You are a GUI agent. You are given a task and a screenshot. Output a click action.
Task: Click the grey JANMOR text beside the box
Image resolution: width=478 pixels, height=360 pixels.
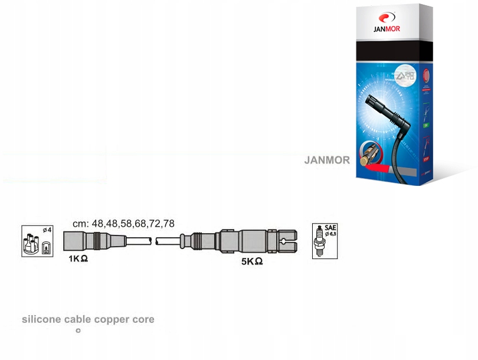[327, 160]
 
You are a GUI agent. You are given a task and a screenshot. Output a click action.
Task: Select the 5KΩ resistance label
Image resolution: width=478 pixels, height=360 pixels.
[251, 261]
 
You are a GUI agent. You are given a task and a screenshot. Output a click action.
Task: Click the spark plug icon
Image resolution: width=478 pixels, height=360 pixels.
[320, 242]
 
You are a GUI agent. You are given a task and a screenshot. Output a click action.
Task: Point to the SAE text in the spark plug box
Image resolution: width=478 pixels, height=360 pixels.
[330, 227]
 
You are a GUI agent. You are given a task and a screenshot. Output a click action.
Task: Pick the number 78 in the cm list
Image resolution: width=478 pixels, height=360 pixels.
[168, 224]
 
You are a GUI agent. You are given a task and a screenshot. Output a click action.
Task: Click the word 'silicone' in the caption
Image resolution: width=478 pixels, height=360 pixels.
[41, 319]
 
